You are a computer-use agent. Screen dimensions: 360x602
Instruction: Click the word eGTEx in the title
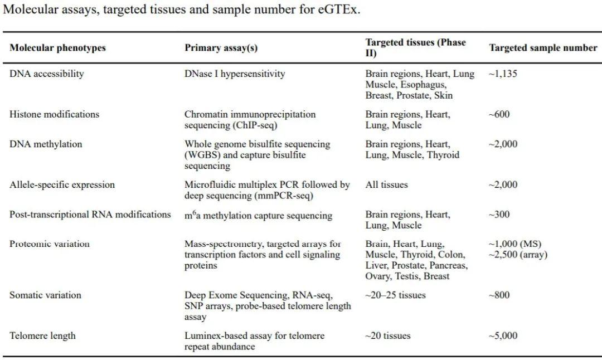coord(339,10)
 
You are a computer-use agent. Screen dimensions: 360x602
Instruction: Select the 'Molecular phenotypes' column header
coord(57,48)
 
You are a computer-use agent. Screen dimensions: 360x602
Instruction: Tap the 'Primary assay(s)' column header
coord(221,48)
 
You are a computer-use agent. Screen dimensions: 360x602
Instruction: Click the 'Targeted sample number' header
coord(543,48)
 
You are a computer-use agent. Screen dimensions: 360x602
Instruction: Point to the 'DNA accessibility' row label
coord(47,74)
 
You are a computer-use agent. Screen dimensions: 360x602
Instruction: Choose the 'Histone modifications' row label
coord(54,114)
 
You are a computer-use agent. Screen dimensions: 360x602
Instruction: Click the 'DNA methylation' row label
coord(46,144)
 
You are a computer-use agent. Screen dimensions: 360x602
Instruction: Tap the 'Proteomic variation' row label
coord(50,244)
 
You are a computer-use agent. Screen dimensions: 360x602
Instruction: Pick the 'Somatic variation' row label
coord(45,295)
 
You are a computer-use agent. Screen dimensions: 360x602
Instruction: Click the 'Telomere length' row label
coord(42,336)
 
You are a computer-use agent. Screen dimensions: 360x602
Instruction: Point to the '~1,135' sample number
coord(502,74)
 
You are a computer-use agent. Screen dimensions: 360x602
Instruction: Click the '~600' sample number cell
coord(499,114)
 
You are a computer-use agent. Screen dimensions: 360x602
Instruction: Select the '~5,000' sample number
coord(503,336)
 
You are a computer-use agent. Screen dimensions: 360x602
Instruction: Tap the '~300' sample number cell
coord(499,215)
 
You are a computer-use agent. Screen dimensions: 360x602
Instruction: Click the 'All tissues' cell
coord(386,185)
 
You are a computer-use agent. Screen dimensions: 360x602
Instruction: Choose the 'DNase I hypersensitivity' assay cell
coord(235,74)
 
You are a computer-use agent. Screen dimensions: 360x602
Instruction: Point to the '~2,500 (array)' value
coord(517,255)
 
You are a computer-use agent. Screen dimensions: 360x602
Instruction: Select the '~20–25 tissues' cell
coord(395,295)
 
